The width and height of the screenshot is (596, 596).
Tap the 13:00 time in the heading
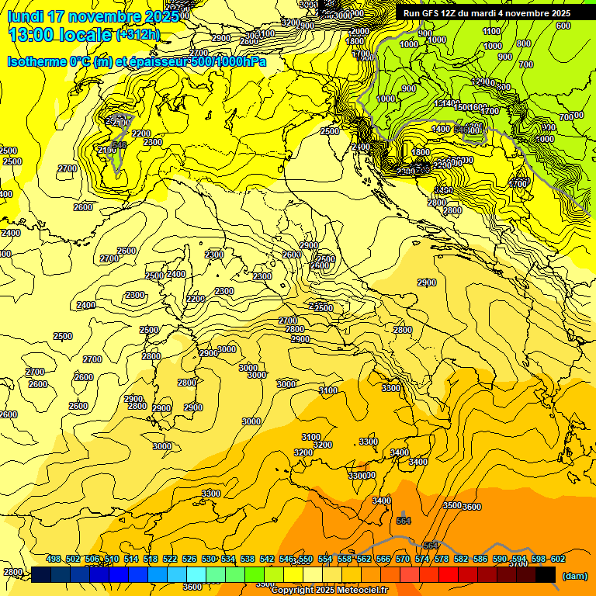(x=32, y=34)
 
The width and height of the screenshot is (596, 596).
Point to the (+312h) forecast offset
(x=137, y=34)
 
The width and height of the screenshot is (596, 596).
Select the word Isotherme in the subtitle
(x=37, y=62)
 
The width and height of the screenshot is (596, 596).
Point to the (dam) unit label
(x=574, y=575)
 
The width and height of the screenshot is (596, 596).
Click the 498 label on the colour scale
(x=54, y=560)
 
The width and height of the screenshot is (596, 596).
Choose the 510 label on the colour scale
(x=112, y=560)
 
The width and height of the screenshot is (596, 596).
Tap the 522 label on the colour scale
(x=170, y=560)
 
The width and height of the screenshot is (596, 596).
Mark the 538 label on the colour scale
(x=248, y=560)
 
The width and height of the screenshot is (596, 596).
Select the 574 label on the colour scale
(x=422, y=560)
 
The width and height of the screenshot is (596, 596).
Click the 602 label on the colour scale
(x=558, y=560)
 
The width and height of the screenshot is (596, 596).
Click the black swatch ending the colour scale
(x=546, y=574)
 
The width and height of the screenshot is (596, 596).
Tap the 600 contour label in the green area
(x=563, y=26)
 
